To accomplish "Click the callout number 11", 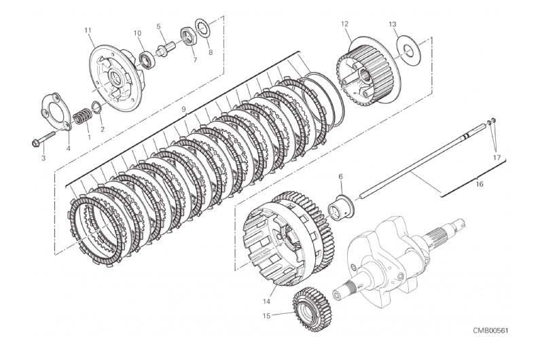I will pyautogui.click(x=87, y=30).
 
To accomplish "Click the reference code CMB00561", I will pyautogui.click(x=490, y=329).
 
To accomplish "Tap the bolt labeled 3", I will pyautogui.click(x=44, y=143).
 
